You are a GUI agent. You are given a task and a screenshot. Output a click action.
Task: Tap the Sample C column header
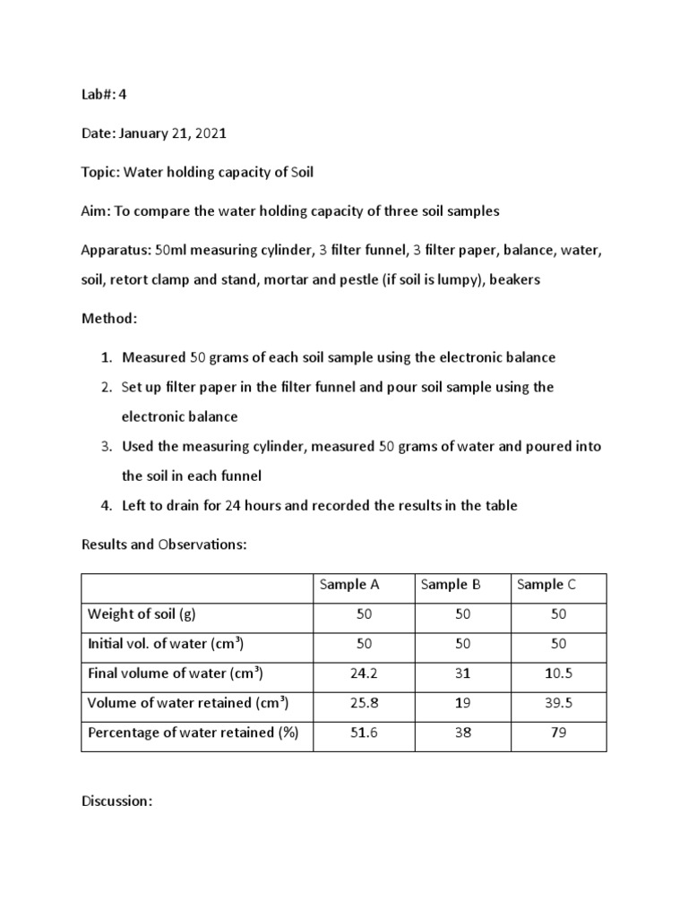(x=546, y=585)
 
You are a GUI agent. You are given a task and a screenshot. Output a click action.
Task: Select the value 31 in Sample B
(x=462, y=673)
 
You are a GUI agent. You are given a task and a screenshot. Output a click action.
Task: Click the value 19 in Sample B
(x=462, y=703)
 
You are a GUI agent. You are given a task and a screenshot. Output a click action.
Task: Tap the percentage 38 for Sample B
(x=462, y=733)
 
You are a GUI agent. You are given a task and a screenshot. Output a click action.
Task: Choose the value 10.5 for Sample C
(x=559, y=673)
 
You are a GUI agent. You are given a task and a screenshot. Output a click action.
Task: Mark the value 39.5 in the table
(x=559, y=703)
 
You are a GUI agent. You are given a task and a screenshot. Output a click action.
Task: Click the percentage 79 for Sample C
(x=559, y=733)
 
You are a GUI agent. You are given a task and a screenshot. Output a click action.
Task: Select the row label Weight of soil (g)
(x=141, y=614)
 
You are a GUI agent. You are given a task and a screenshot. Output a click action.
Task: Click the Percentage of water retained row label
(x=193, y=733)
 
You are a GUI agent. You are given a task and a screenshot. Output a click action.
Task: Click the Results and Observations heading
(x=163, y=544)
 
